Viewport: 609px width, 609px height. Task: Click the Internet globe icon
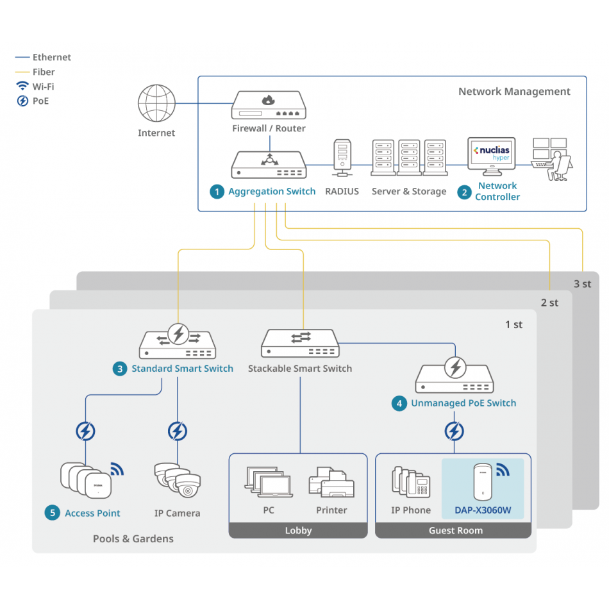156,104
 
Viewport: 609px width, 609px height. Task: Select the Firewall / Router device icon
269,105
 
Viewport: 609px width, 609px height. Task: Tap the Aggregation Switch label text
272,191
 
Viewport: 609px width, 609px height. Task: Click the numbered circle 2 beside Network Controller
464,192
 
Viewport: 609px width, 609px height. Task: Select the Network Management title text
514,92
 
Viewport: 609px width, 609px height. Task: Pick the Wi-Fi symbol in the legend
22,86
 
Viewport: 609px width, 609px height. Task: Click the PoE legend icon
22,101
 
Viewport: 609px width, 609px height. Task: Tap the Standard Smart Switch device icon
178,344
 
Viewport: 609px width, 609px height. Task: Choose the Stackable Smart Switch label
299,369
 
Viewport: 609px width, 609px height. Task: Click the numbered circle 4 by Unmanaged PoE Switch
399,403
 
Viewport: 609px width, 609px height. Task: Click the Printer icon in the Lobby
331,483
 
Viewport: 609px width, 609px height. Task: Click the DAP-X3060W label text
483,510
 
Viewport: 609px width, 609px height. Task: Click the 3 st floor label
582,283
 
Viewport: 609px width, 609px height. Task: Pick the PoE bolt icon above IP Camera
178,431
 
